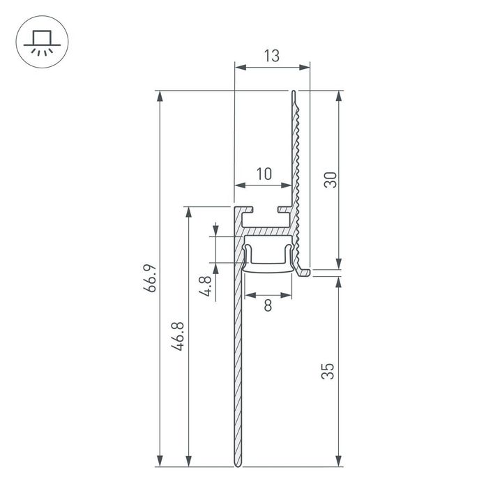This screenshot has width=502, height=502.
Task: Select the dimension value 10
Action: click(x=263, y=174)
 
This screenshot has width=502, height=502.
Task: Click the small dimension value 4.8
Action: click(x=205, y=286)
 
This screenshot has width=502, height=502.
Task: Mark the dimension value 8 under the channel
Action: click(x=268, y=304)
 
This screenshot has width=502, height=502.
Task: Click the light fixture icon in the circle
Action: click(x=40, y=40)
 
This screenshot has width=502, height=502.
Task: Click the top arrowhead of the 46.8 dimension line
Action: click(x=188, y=211)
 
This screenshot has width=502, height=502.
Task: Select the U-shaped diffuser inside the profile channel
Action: click(x=268, y=259)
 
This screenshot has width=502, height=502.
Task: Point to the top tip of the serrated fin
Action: click(x=294, y=92)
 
